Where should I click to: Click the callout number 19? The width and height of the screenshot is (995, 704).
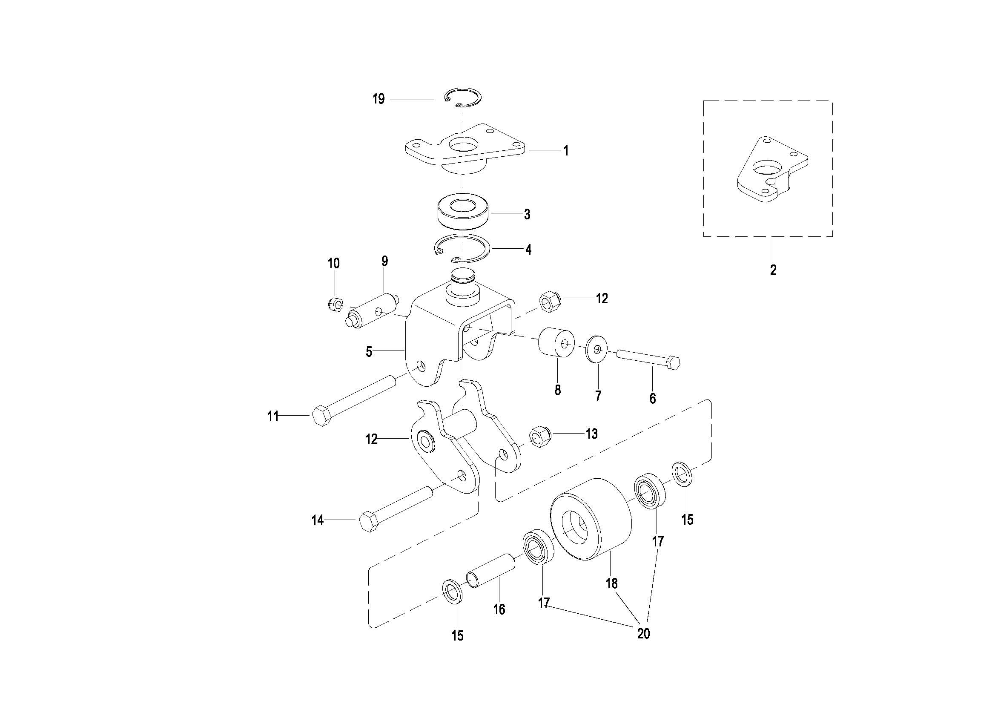[x=379, y=99]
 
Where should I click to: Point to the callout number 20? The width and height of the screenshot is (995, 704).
[x=644, y=634]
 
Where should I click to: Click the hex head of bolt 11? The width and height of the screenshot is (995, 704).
[x=321, y=416]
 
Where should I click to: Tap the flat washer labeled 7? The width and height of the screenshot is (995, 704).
[x=596, y=349]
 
